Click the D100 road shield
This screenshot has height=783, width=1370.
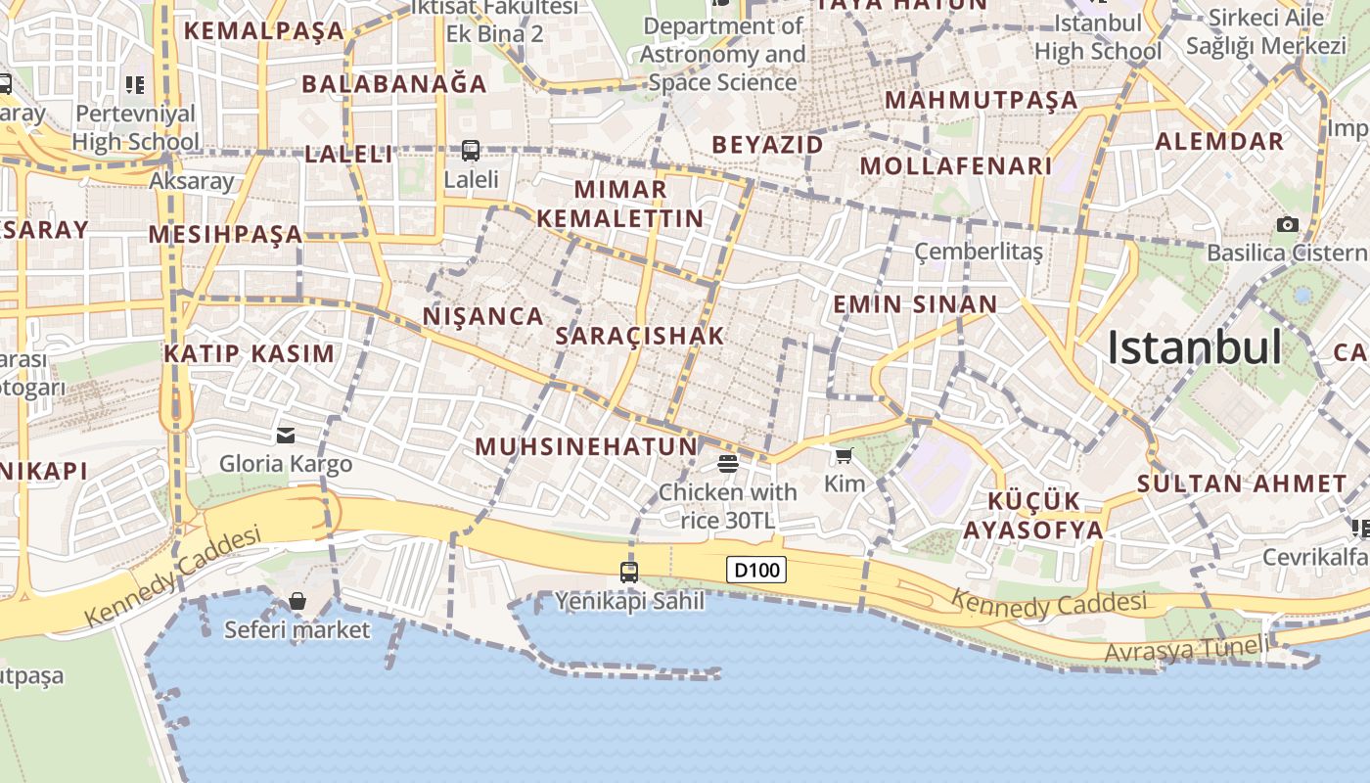(756, 569)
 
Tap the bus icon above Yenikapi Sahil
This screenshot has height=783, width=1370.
(629, 572)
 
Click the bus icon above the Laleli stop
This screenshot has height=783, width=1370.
(471, 151)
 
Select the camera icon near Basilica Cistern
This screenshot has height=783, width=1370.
(1288, 224)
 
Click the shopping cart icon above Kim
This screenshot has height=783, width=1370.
(844, 455)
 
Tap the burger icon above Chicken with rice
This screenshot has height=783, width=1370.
(727, 463)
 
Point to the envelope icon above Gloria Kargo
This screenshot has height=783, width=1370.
(286, 435)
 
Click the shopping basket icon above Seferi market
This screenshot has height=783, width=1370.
(297, 600)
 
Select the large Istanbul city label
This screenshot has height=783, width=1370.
(1194, 347)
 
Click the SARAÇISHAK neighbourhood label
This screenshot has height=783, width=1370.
(640, 336)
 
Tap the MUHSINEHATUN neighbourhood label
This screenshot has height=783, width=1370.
(586, 447)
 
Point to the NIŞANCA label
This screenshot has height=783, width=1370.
(482, 316)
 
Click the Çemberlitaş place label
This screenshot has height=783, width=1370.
(979, 252)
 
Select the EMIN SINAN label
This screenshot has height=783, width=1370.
(915, 304)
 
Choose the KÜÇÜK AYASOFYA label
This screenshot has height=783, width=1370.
(1033, 516)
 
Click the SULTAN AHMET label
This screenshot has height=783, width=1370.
(1242, 484)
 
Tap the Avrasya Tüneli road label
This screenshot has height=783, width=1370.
(1186, 648)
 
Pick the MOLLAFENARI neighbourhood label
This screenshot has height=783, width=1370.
(955, 166)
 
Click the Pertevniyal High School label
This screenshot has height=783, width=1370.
(135, 127)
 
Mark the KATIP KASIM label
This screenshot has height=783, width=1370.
(249, 353)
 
